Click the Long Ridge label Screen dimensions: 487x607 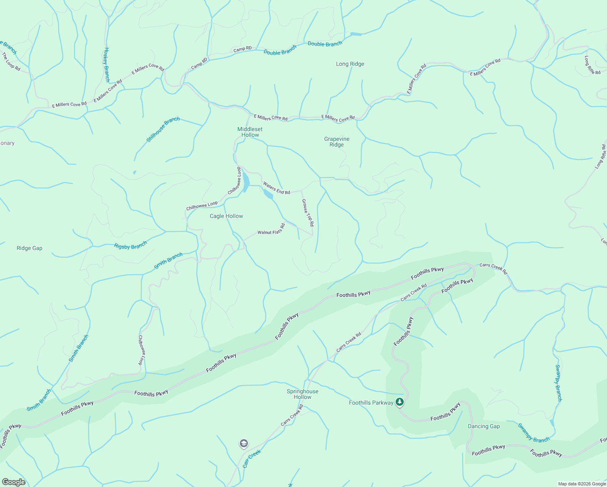(350, 64)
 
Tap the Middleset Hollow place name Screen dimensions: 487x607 (250, 132)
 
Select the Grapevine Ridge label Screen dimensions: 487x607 (337, 142)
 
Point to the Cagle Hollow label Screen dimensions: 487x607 (226, 216)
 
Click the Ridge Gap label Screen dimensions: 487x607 (30, 248)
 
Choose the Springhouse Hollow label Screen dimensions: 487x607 (303, 394)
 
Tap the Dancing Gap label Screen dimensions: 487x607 (484, 426)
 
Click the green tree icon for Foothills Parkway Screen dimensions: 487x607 (400, 402)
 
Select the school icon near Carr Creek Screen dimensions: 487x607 (243, 443)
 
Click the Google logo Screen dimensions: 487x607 (14, 482)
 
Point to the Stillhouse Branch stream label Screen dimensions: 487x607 (163, 129)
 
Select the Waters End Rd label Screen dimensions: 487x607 (276, 188)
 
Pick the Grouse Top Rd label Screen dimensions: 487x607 (308, 212)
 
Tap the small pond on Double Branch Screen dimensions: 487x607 (355, 34)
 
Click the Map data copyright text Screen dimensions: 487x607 (582, 484)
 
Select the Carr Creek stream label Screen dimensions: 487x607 (252, 459)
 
